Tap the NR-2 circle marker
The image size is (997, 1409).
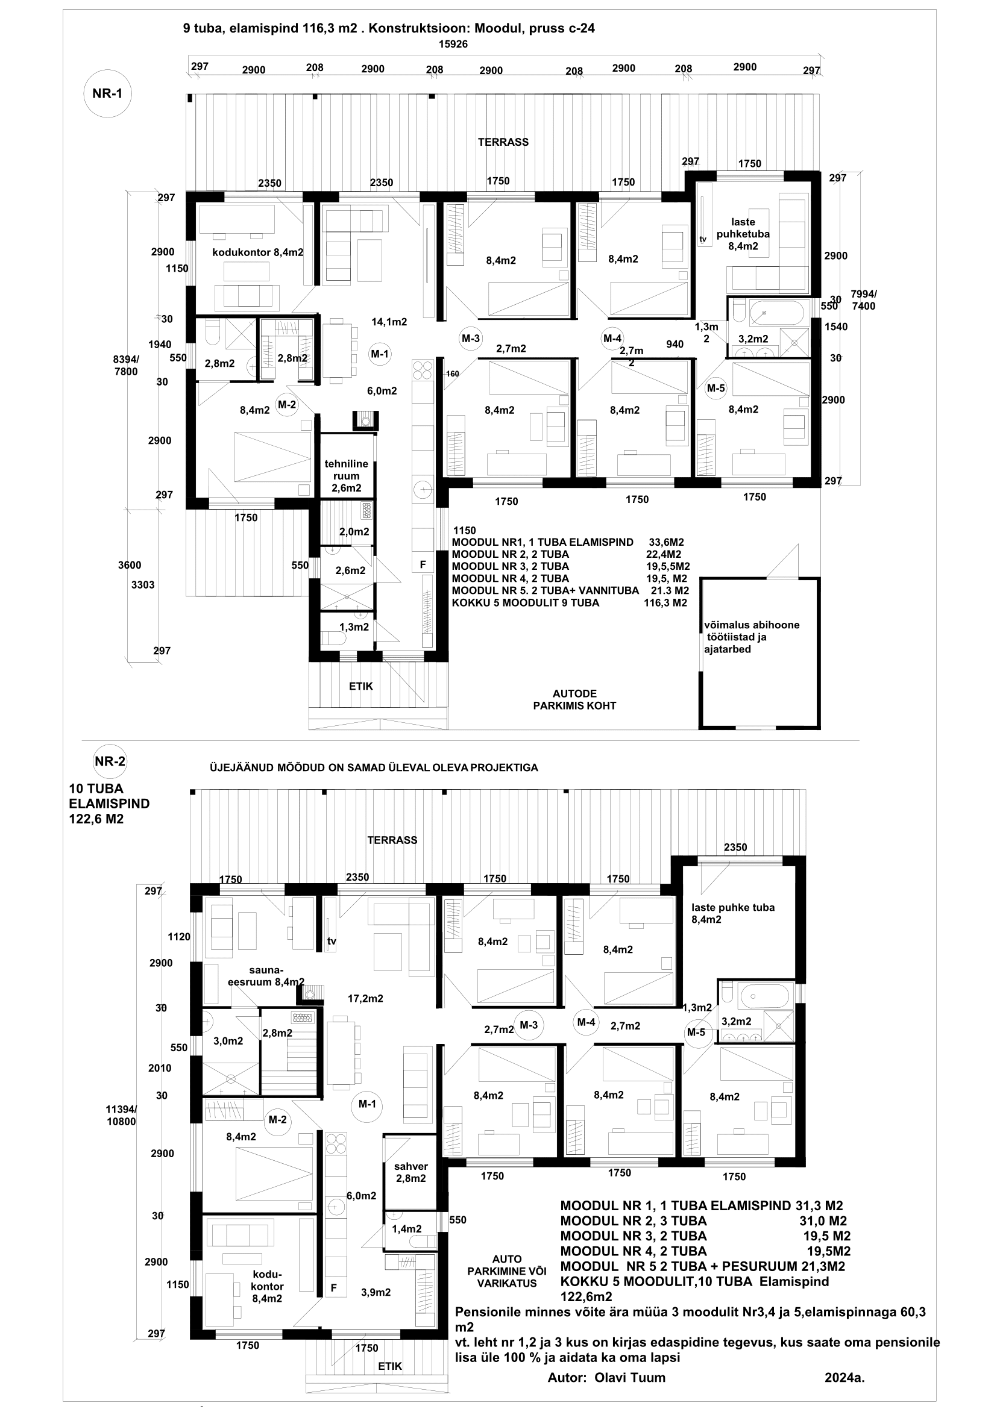point(110,761)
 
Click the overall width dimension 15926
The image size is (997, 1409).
point(453,44)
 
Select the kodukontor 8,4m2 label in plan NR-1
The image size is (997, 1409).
point(258,252)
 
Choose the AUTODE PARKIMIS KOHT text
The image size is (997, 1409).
point(574,699)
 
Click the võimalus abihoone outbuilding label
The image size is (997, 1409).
point(752,637)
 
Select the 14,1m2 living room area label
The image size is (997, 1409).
point(389,321)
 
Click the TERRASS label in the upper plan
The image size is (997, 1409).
point(503,142)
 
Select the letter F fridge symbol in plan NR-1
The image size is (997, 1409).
point(423,563)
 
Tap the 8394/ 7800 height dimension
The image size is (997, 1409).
point(126,365)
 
